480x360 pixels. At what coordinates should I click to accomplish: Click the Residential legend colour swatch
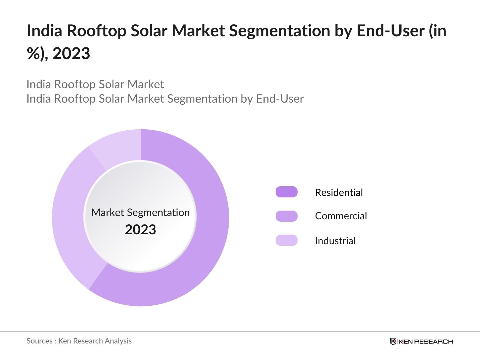point(286,192)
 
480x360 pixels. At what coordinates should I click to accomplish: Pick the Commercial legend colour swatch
point(286,216)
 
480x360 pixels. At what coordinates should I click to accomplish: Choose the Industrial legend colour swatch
point(286,240)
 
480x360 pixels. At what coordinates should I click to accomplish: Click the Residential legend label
point(339,192)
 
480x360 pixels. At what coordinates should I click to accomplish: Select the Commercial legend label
point(341,216)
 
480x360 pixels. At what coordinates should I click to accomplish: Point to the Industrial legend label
point(335,241)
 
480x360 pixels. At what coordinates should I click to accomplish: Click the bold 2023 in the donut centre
point(140,230)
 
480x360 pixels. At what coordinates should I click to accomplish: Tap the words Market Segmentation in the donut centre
point(140,212)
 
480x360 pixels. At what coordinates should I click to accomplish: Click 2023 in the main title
point(71,54)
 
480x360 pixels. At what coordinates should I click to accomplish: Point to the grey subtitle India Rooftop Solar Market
point(95,84)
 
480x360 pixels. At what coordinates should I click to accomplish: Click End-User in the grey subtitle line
point(280,99)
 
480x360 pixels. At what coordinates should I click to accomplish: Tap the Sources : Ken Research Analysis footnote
point(79,341)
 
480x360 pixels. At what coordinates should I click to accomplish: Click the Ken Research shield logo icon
point(393,341)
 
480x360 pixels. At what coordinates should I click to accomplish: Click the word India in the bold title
point(44,31)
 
